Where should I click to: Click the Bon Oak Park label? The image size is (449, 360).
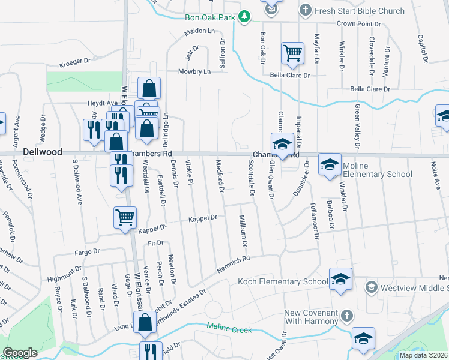(209, 18)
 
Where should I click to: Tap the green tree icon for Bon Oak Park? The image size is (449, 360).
(244, 17)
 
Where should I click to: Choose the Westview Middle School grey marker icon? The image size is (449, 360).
(372, 287)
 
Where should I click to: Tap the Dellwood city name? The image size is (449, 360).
(43, 152)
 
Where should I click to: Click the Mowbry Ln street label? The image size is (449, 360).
(194, 71)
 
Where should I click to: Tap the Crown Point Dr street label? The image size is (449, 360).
(359, 24)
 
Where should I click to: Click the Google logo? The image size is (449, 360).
(20, 353)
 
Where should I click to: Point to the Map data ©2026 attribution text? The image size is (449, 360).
(423, 355)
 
